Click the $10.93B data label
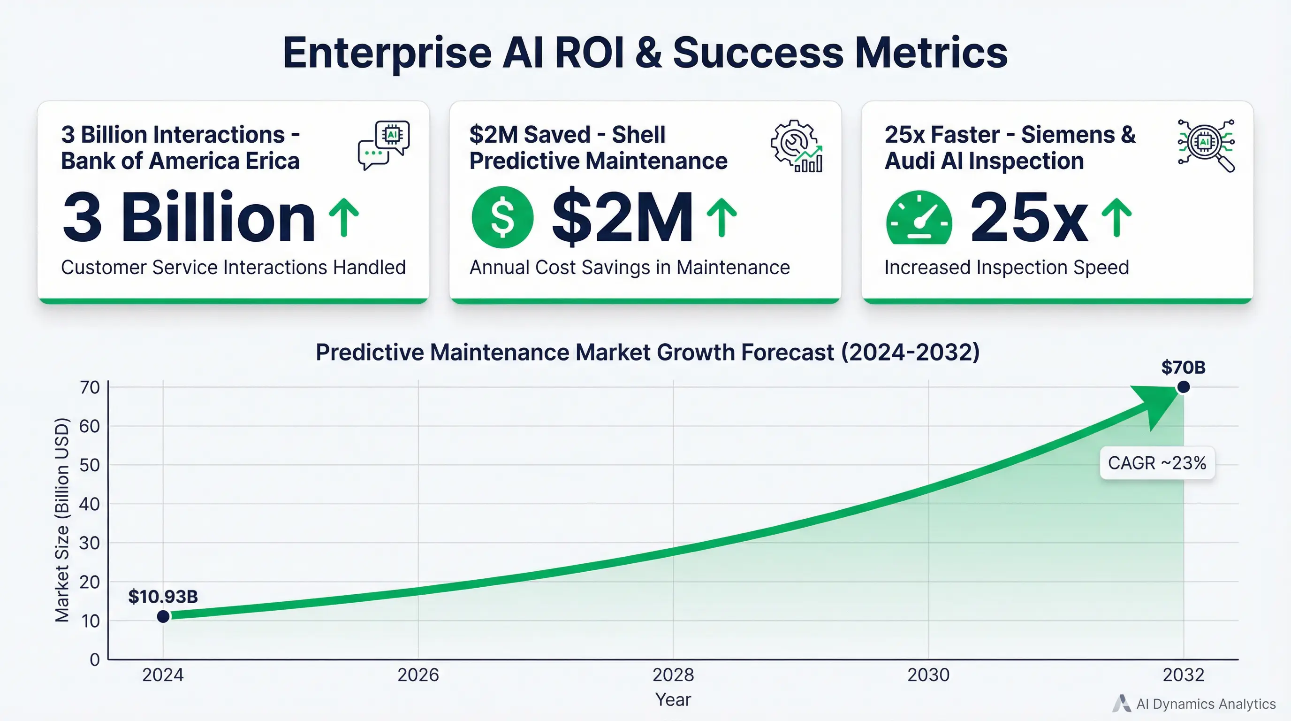(x=163, y=597)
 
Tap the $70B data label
(x=1183, y=368)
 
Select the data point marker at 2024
(x=163, y=616)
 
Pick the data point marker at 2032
(x=1183, y=387)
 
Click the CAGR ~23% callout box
(x=1157, y=463)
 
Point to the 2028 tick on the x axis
(x=673, y=675)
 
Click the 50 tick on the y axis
(x=90, y=465)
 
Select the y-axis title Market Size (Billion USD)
(x=61, y=520)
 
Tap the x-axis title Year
(x=673, y=699)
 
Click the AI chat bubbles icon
(x=384, y=146)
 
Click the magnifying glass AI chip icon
(x=1206, y=146)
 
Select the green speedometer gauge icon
(x=919, y=219)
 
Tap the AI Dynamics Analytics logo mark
(x=1122, y=704)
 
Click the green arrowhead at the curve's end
(x=1158, y=404)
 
